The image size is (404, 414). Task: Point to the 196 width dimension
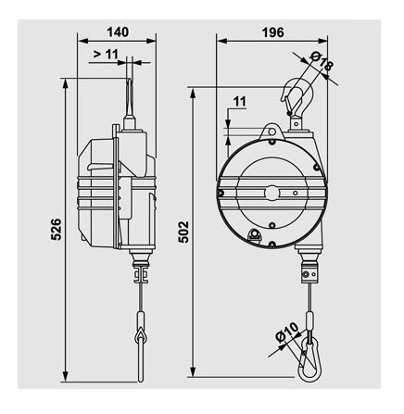tap(271, 31)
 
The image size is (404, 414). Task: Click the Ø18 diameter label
tap(323, 66)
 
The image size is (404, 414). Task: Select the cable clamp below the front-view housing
tap(309, 274)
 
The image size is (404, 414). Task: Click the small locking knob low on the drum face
tap(256, 237)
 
